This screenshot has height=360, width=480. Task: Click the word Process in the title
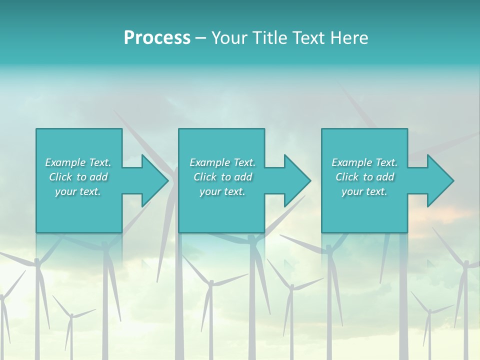coord(157,38)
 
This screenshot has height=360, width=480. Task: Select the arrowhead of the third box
coord(439,180)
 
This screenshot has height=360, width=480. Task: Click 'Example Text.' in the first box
coord(78,162)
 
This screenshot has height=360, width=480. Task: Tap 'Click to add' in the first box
coord(78,177)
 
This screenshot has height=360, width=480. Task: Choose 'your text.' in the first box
coord(78,191)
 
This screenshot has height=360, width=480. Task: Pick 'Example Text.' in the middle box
coord(222,162)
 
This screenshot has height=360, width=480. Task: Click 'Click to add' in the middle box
coord(222,177)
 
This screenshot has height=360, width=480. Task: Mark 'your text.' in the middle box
coord(222,191)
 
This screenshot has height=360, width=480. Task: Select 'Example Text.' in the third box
coord(364,162)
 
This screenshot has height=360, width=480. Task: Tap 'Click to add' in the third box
coord(364,177)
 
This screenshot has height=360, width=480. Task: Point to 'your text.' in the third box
coord(364,191)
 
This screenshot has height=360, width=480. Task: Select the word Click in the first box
coord(60,177)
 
